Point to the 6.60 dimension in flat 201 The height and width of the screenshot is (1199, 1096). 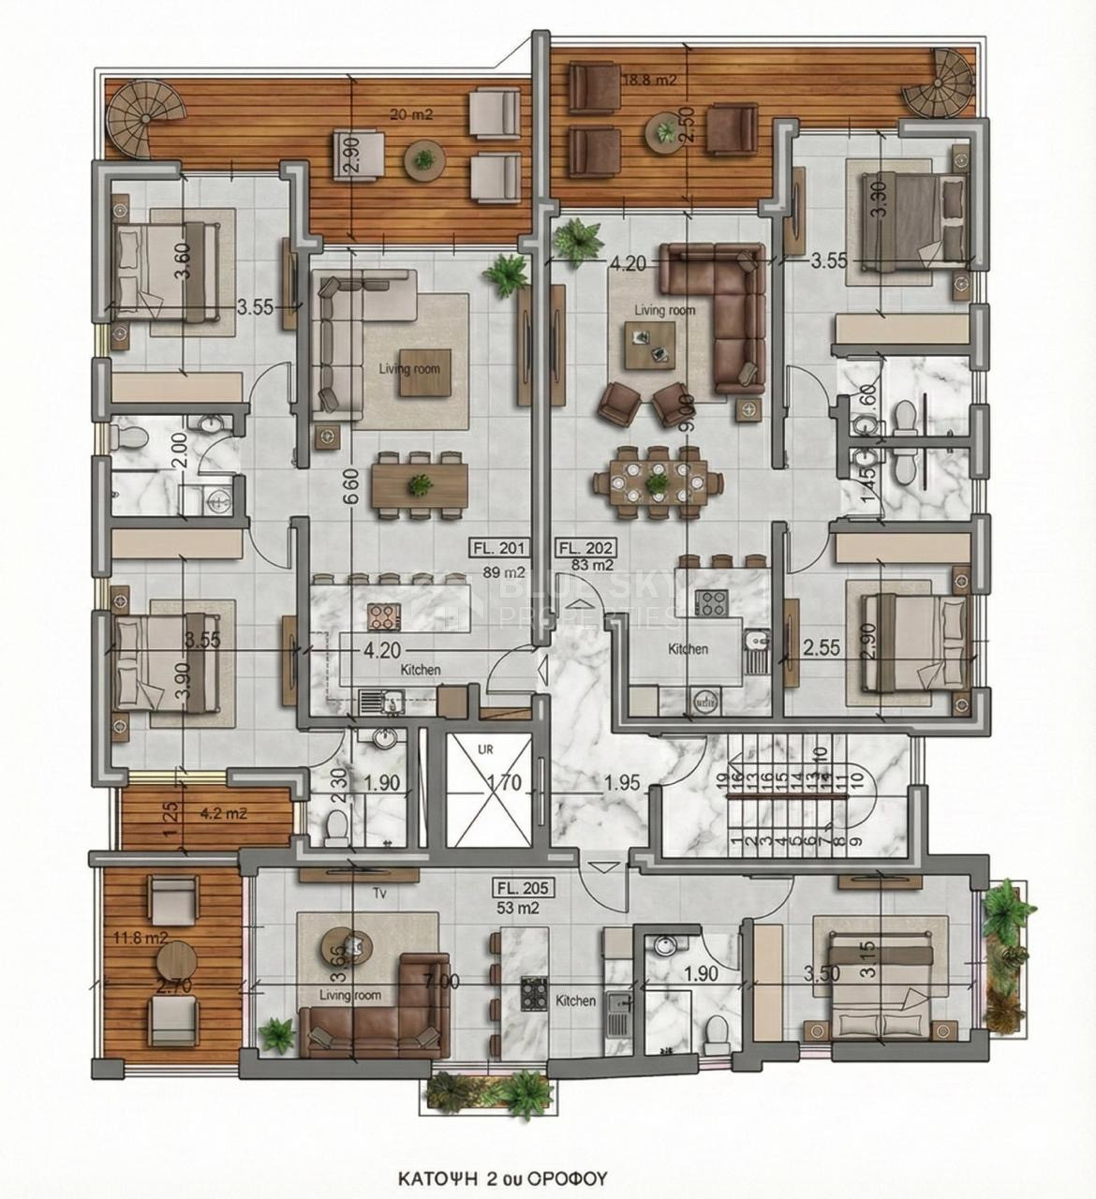[x=348, y=499]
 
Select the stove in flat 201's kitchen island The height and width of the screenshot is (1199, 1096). [x=384, y=615]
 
